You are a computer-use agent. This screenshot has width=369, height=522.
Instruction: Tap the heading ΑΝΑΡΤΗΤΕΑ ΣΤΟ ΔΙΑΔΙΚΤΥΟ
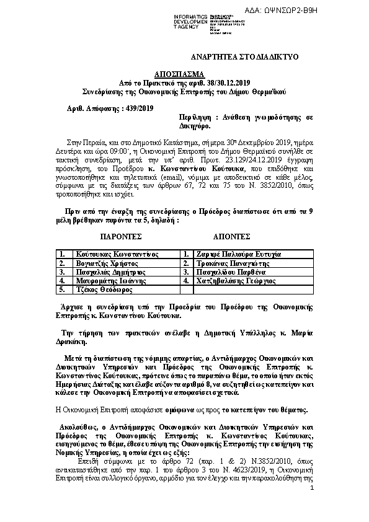(x=245, y=56)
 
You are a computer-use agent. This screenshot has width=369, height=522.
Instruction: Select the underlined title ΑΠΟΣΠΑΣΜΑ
(x=184, y=73)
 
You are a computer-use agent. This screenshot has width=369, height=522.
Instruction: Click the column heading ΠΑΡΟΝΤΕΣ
(x=121, y=237)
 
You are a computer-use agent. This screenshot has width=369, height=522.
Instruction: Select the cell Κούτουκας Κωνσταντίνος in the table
(x=117, y=254)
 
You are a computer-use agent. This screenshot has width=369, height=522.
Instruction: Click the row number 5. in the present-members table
(x=62, y=289)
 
